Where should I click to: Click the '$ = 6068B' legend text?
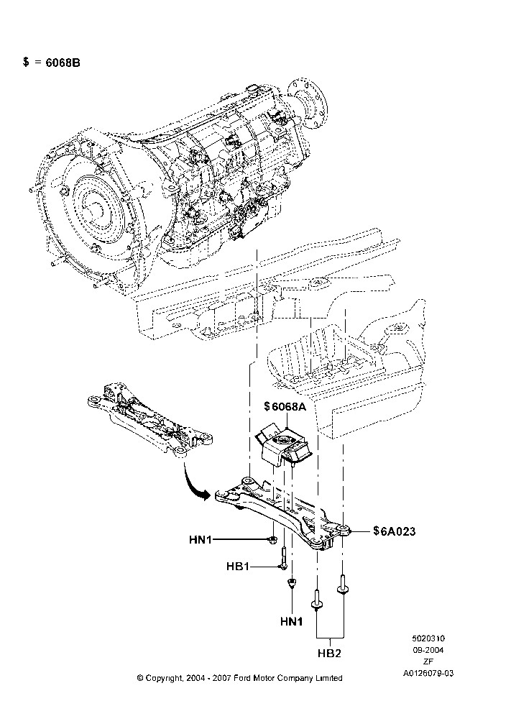click(51, 62)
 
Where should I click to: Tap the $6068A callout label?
click(285, 406)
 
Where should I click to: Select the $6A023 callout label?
click(394, 531)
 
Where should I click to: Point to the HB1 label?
click(237, 567)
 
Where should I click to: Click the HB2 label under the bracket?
click(329, 653)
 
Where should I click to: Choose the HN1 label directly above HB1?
click(201, 540)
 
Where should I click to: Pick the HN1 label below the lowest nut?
click(292, 621)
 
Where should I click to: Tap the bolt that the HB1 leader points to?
click(283, 558)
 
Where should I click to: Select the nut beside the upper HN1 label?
click(272, 539)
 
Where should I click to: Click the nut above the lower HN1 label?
click(290, 583)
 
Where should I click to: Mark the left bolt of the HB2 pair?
click(316, 598)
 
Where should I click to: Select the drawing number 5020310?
click(428, 638)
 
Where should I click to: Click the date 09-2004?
click(428, 650)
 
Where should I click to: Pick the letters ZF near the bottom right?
click(428, 661)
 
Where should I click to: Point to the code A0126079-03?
click(428, 673)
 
